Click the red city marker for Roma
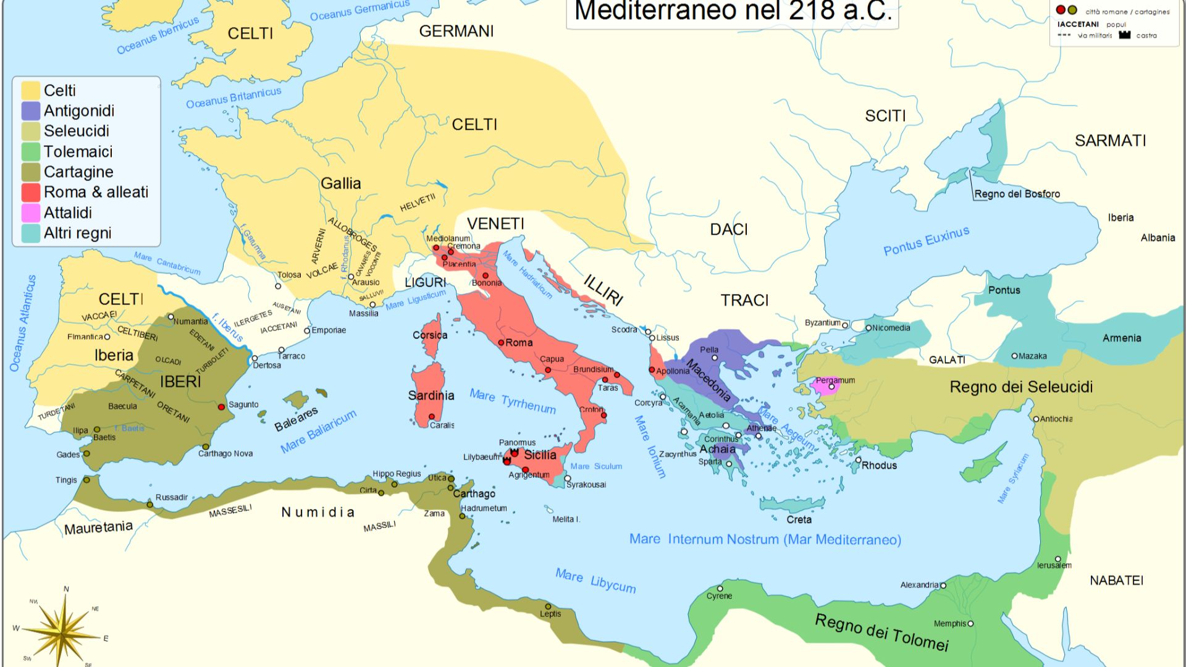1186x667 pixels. [501, 342]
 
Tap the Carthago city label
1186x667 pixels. [474, 493]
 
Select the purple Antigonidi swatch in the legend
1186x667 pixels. [31, 111]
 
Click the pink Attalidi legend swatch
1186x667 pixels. [31, 213]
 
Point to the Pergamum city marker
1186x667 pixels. [831, 387]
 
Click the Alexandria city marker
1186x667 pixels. [943, 585]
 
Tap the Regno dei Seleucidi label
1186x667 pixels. [1021, 387]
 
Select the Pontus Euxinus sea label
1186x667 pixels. [926, 241]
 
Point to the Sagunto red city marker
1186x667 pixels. [221, 407]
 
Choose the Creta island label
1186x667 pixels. [799, 520]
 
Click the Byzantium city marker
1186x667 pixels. [845, 325]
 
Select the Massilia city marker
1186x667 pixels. [372, 304]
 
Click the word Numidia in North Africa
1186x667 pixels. [318, 512]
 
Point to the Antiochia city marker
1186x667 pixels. [1036, 419]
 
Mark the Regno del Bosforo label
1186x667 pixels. [1017, 194]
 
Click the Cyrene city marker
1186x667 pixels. [720, 589]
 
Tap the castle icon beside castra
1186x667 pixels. [1124, 35]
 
